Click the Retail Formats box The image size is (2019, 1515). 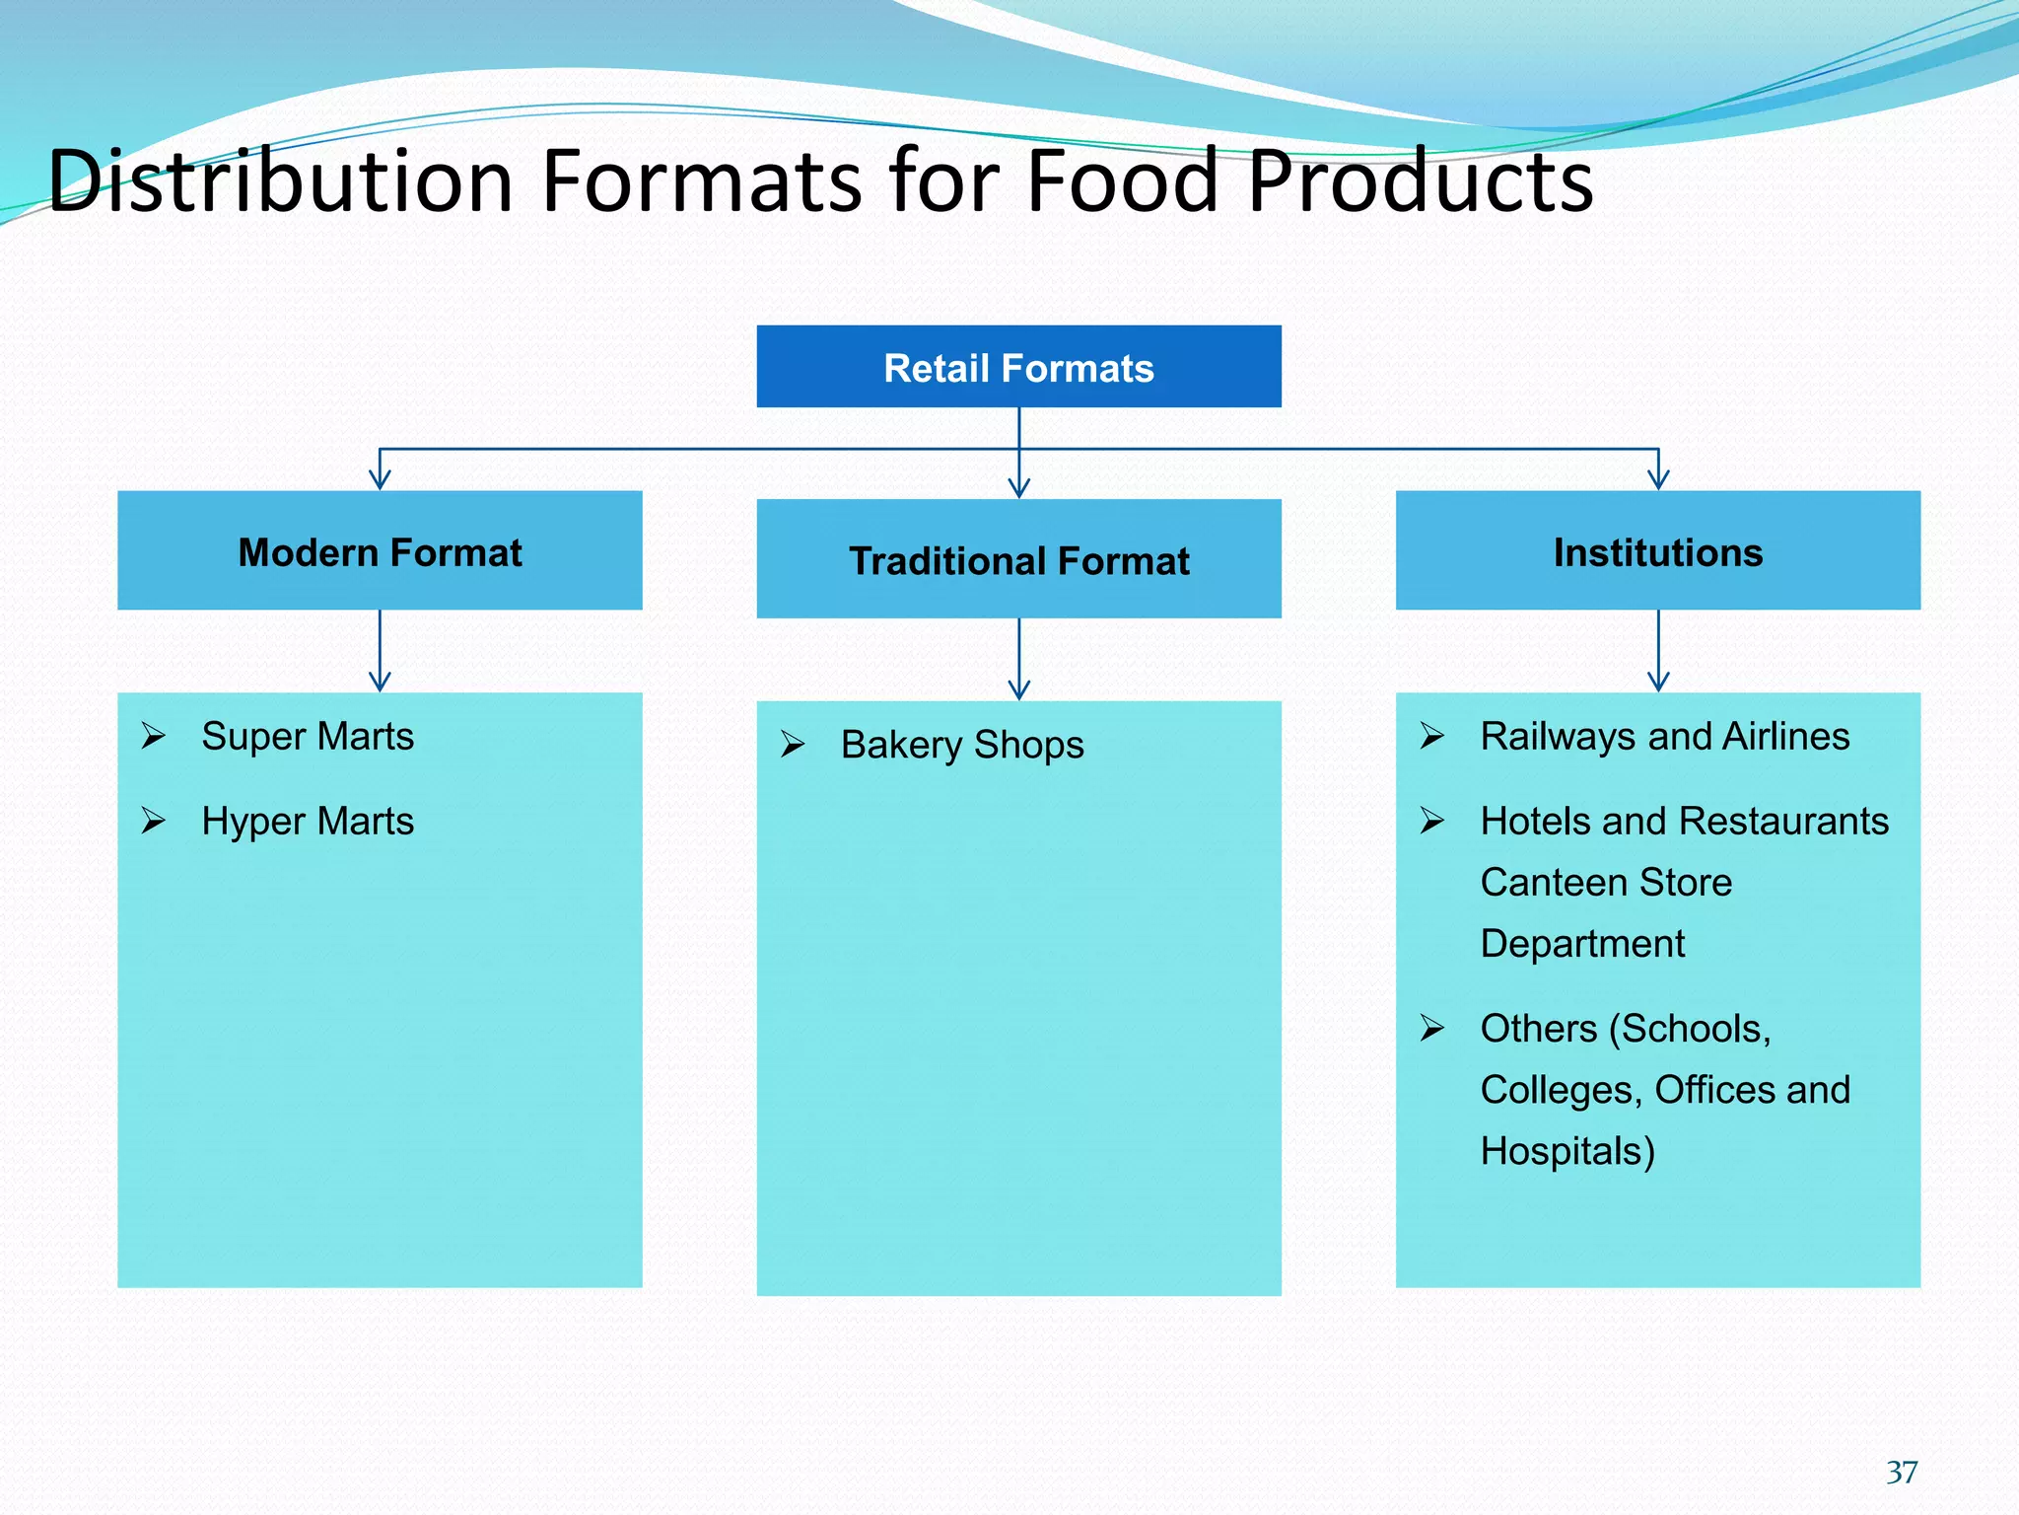point(1018,367)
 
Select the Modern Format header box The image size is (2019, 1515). point(380,550)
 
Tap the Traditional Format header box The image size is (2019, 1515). point(1018,559)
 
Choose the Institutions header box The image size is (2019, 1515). point(1657,550)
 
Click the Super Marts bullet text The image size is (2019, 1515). point(308,737)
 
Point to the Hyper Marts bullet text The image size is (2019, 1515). point(308,822)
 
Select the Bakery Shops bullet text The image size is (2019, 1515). point(962,745)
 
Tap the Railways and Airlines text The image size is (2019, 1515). point(1664,737)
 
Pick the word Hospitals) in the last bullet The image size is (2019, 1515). point(1567,1151)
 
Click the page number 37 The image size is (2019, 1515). point(1902,1472)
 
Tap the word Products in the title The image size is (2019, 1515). point(1421,181)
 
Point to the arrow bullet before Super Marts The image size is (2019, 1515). point(153,736)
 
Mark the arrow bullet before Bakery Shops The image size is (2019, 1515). point(793,744)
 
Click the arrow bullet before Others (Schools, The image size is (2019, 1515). point(1432,1028)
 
